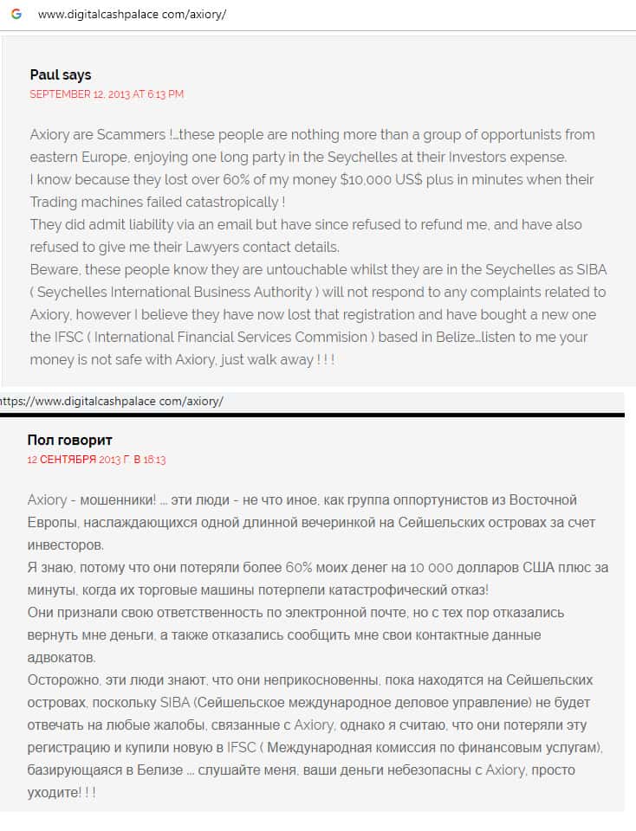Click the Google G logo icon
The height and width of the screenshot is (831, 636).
click(16, 15)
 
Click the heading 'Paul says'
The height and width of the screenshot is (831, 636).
click(60, 75)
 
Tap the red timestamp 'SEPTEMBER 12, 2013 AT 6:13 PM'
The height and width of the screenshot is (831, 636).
click(107, 94)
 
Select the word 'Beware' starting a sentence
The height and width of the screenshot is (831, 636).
click(54, 270)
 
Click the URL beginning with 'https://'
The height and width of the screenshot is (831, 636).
click(112, 402)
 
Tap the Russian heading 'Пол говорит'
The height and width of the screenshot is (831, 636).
click(69, 441)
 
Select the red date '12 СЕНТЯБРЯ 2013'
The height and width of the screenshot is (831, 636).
click(72, 460)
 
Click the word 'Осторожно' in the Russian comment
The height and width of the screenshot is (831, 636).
click(63, 680)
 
